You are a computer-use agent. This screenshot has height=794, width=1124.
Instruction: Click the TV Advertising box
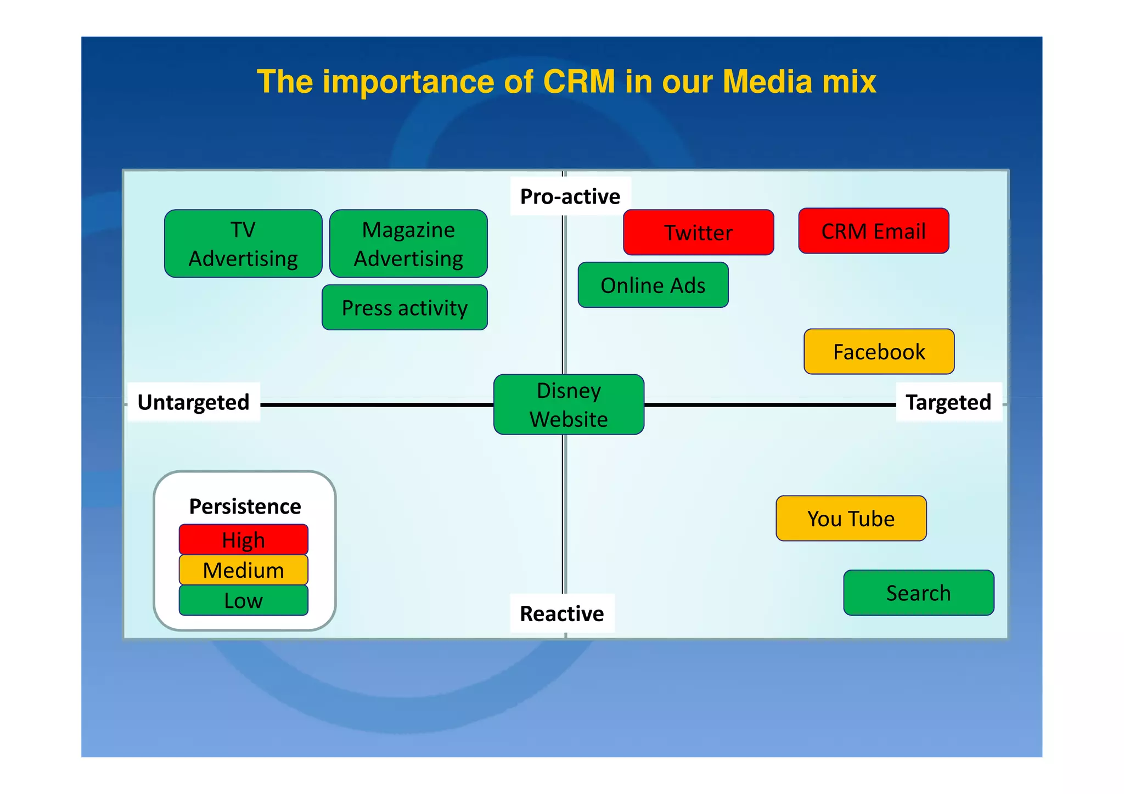(243, 244)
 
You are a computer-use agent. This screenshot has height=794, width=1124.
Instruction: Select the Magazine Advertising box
(408, 244)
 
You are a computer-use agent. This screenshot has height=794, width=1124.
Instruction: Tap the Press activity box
(404, 307)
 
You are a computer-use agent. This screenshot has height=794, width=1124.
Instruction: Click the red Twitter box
(698, 232)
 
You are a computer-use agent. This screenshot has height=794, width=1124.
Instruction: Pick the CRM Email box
(873, 231)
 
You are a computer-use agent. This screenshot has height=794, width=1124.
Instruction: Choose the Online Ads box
(653, 285)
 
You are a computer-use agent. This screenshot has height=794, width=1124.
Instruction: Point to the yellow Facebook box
(879, 352)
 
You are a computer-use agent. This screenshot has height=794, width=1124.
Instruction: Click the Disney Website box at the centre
(569, 404)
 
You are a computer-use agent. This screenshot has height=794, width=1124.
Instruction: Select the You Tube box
(851, 519)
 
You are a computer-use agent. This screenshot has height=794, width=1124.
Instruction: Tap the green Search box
(918, 593)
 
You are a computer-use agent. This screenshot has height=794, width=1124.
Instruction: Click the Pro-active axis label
(570, 196)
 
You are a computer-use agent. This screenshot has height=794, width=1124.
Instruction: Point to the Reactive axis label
(561, 613)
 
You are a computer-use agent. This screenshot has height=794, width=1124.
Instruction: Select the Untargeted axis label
(193, 402)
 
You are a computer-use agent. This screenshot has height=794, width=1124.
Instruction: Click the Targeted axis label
(948, 402)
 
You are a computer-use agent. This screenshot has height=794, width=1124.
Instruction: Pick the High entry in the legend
(243, 540)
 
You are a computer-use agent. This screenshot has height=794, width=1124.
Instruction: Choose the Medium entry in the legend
(243, 570)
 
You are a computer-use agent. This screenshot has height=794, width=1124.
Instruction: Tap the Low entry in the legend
(243, 600)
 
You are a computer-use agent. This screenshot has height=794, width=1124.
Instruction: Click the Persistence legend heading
(245, 506)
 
